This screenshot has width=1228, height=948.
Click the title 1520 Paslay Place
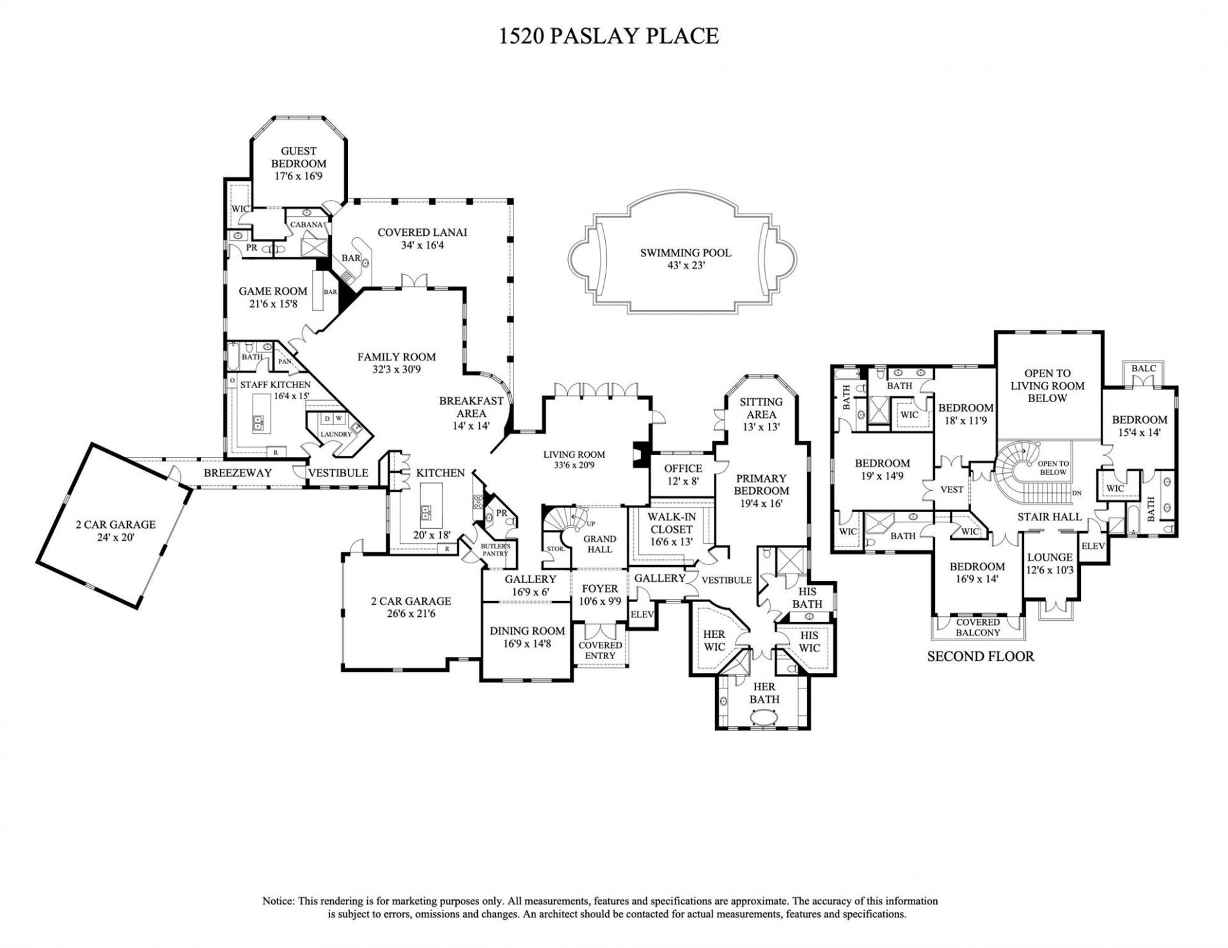608,36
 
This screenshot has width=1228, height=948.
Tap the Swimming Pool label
685,253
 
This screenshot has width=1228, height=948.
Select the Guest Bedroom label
299,157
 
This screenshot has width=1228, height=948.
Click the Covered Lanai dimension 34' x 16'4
422,245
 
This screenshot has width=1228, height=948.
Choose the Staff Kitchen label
275,385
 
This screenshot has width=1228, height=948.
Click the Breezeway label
237,473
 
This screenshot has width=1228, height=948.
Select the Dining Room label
528,631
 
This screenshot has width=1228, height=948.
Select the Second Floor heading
980,657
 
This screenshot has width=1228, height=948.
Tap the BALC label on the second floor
1144,369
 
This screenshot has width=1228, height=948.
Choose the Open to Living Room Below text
1047,385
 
